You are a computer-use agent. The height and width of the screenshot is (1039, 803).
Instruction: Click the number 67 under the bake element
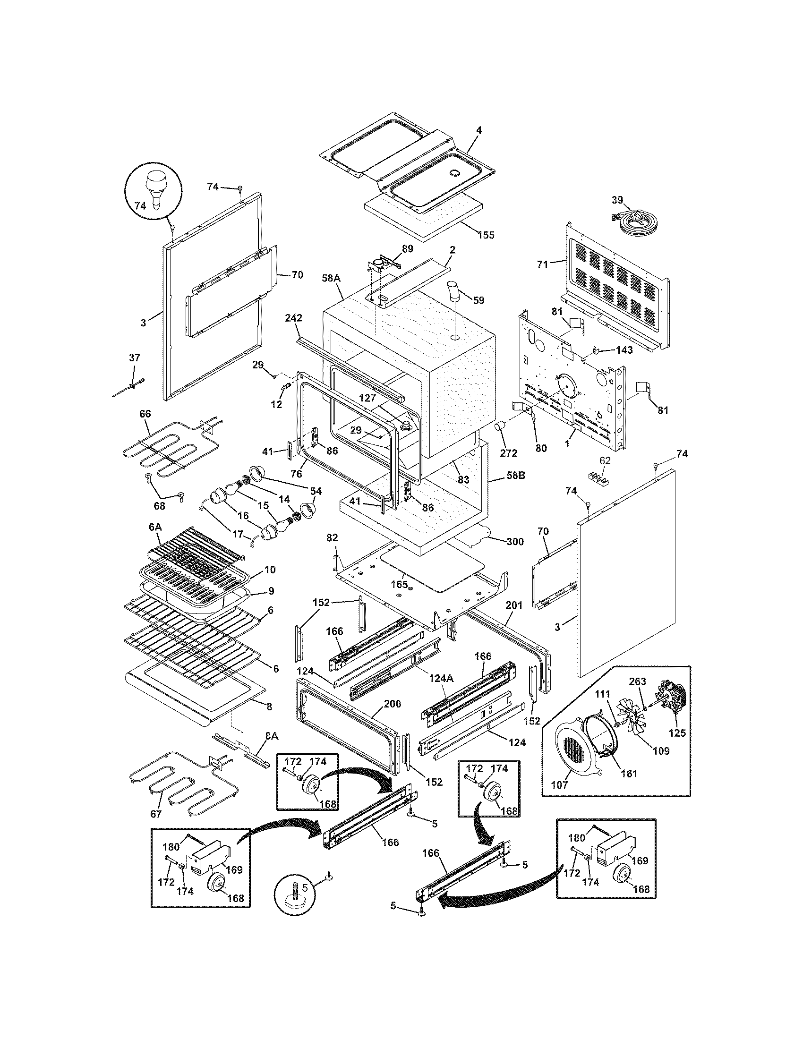pos(156,814)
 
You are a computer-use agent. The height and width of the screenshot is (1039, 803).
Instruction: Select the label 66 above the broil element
pos(145,414)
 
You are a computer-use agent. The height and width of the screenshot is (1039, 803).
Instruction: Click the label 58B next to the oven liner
pos(515,475)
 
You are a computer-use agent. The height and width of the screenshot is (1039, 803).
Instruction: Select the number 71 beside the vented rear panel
pos(543,265)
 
